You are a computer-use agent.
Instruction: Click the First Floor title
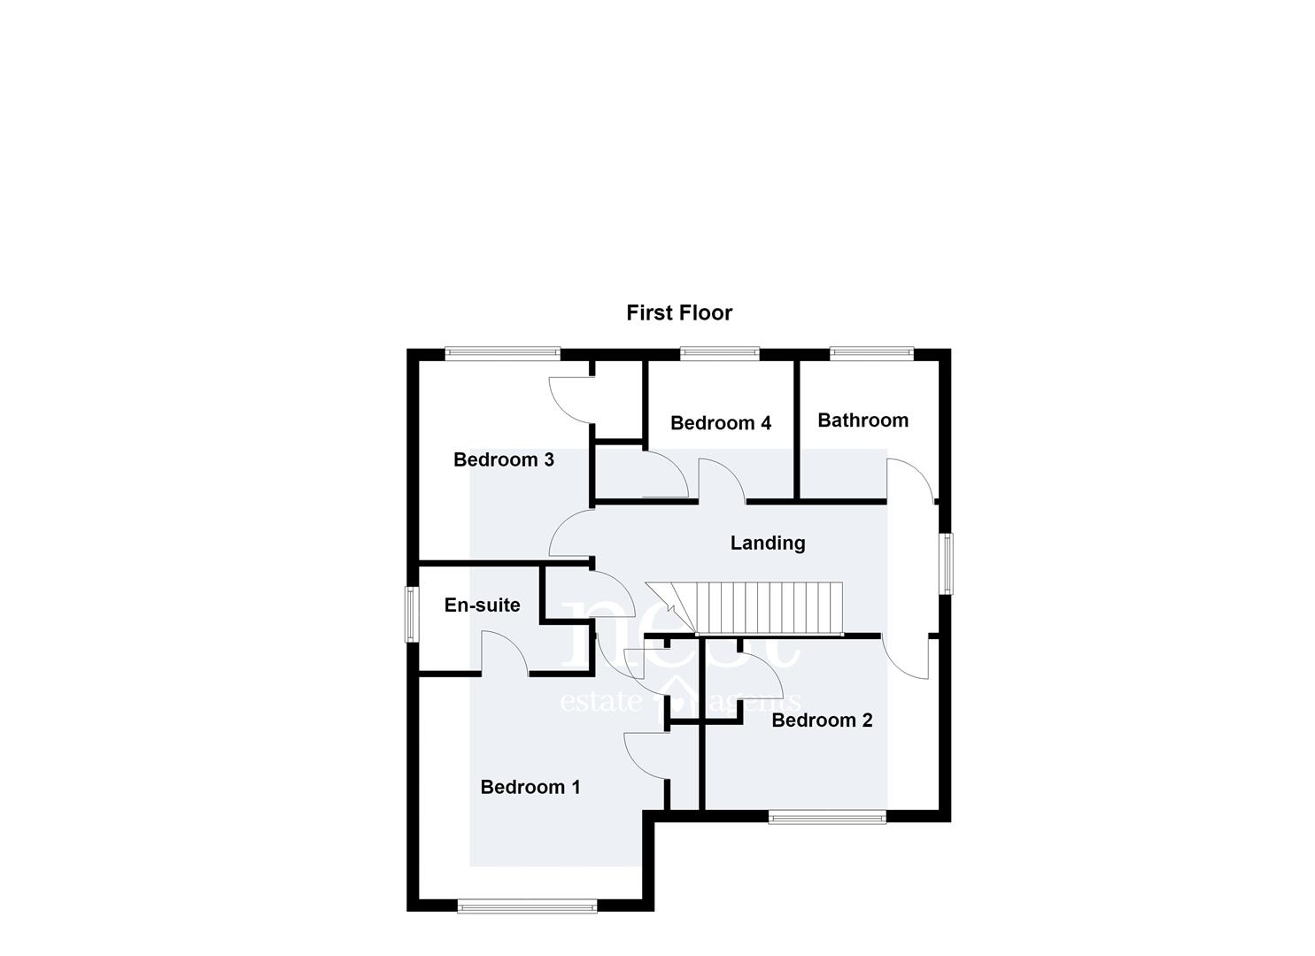(679, 312)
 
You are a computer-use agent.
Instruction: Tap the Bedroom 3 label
(504, 459)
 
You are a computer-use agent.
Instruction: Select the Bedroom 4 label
(720, 422)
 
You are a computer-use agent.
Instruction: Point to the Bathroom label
(863, 420)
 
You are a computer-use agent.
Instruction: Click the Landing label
(767, 543)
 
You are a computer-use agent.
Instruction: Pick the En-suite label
(482, 605)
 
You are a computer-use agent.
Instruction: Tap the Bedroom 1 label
(530, 787)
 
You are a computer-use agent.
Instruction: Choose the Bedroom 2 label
(822, 720)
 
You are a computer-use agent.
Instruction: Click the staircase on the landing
(744, 609)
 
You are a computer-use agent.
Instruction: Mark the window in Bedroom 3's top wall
(502, 352)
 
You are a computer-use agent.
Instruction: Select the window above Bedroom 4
(720, 352)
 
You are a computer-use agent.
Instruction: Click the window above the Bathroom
(871, 352)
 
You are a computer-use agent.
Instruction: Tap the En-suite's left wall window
(411, 614)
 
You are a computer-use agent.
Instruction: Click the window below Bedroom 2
(827, 817)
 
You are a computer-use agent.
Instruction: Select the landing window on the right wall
(946, 563)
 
